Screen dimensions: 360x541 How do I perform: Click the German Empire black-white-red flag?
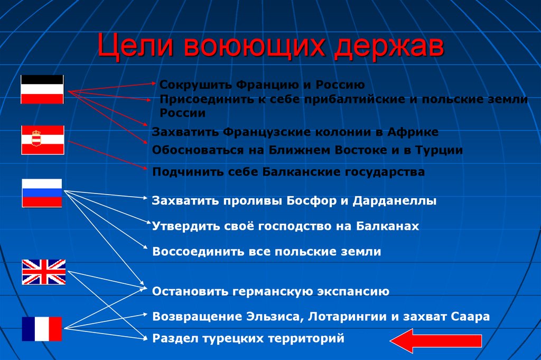42,89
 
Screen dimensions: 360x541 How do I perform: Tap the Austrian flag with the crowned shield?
42,140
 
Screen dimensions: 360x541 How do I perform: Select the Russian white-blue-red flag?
42,193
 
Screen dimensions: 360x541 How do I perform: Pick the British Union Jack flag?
43,272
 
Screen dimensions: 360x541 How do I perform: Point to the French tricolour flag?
42,329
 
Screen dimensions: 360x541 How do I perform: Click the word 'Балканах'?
387,226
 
